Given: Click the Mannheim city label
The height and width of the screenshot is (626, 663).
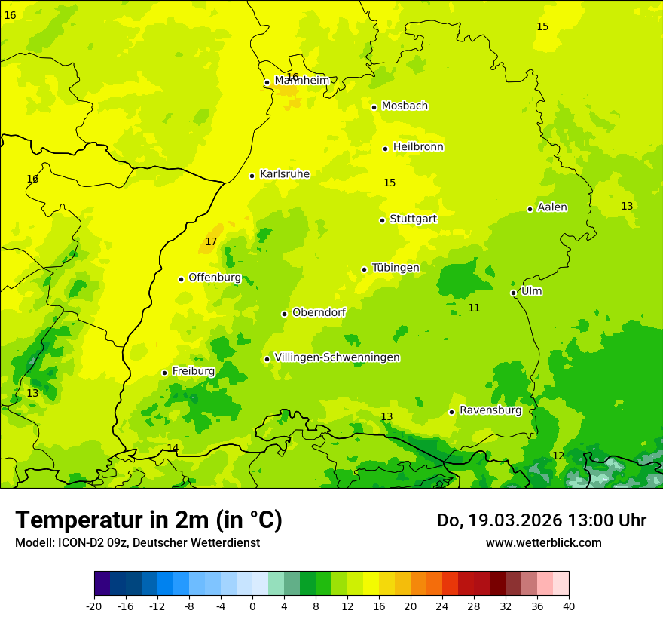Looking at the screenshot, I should point(301,81).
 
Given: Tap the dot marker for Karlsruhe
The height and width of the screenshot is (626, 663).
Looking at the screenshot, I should point(252,176).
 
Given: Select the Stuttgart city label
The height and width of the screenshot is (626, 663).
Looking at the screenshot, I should point(413,219).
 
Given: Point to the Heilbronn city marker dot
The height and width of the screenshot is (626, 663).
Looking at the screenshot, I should point(385,149).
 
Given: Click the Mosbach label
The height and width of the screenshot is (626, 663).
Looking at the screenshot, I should point(405,106).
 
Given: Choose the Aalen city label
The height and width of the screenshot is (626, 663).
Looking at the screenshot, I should point(552,207).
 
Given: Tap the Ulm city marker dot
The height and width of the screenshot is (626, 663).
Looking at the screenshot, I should point(514,293).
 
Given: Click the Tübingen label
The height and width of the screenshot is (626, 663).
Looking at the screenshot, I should point(396,268).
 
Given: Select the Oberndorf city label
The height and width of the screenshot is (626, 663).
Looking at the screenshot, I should point(319,312).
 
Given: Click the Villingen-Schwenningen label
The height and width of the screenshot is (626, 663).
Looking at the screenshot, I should point(337,357).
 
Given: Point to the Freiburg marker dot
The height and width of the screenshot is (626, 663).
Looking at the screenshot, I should point(164,373).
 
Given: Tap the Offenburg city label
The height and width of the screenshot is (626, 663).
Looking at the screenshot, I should point(215,278).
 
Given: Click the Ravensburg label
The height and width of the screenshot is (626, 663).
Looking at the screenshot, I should point(490,410).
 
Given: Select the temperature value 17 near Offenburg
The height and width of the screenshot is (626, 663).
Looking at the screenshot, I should point(211,241).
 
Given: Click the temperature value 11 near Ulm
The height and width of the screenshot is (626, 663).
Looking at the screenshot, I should point(474,308).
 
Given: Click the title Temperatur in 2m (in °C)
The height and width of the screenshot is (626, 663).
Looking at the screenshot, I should point(148,520).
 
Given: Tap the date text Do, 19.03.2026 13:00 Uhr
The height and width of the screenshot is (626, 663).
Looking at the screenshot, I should point(542,520).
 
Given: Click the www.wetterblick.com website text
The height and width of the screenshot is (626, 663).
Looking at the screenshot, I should point(543,543).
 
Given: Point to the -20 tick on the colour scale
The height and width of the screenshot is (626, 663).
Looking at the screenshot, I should point(94,606).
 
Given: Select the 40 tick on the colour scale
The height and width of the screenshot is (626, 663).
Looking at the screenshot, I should point(569,606).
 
